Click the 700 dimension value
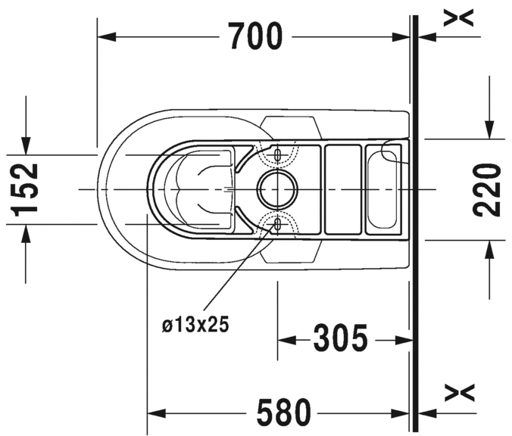tap(254, 36)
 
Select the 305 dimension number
tap(340, 338)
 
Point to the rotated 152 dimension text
tap(24, 189)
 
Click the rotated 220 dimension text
tap(486, 190)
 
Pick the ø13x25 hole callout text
tap(195, 325)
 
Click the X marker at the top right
tap(458, 17)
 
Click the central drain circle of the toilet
tap(277, 189)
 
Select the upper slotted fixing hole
tap(277, 154)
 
